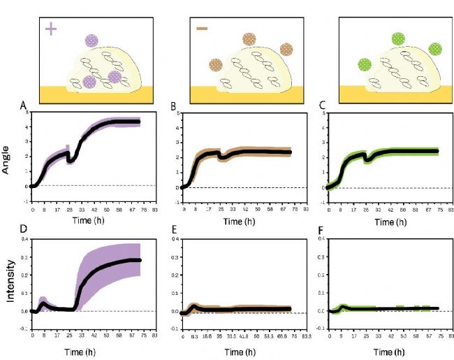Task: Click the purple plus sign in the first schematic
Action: click(51, 29)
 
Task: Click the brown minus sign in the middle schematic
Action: click(203, 29)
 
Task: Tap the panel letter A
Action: click(23, 106)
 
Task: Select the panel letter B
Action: click(174, 106)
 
